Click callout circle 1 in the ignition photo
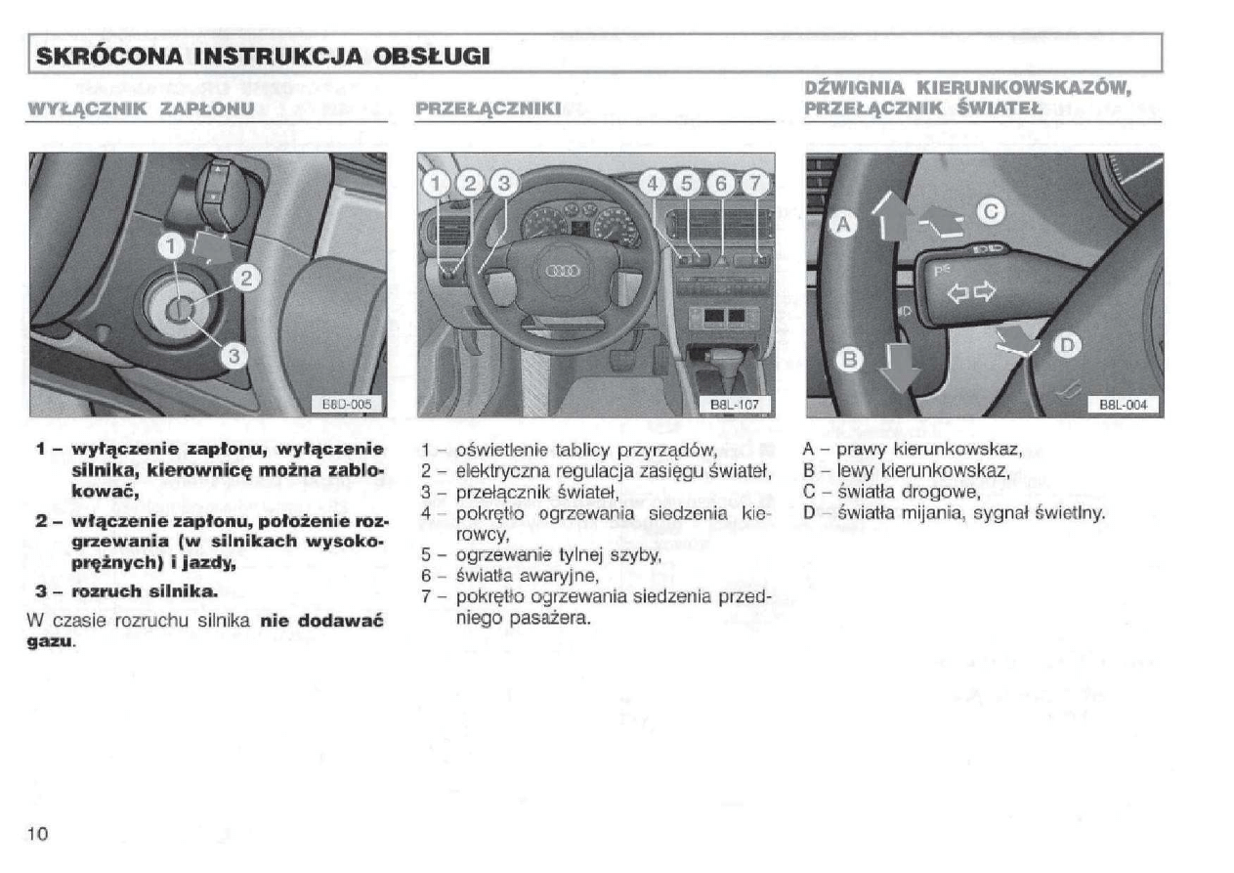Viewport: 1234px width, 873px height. coord(172,246)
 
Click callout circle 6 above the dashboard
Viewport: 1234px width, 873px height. coord(720,183)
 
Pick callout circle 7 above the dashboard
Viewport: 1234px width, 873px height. coord(753,183)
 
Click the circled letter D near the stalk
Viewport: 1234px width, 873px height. coord(1067,345)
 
